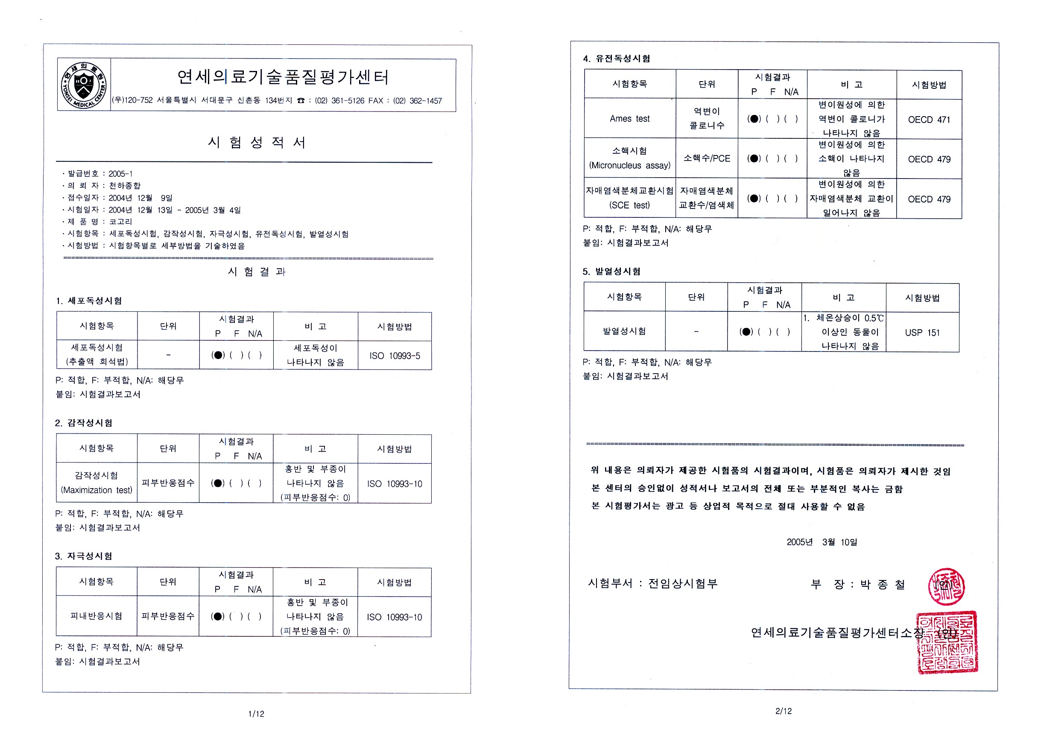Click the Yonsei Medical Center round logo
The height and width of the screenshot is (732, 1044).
[84, 85]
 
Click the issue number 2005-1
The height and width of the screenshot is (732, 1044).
[120, 174]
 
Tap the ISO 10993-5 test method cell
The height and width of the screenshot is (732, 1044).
[395, 356]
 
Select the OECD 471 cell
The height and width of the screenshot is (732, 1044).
[929, 120]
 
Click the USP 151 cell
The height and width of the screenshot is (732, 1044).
[922, 332]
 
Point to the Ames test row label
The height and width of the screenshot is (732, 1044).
[629, 119]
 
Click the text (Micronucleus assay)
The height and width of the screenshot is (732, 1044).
[630, 166]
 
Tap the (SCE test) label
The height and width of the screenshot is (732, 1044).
[629, 205]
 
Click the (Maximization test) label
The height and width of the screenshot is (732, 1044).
[97, 490]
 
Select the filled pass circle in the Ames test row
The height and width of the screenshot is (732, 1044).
[754, 119]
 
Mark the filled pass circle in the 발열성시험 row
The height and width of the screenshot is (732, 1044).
[746, 331]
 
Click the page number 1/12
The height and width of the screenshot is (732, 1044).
[256, 714]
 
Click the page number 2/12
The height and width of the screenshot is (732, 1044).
[784, 711]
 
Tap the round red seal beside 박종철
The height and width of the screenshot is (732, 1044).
[946, 586]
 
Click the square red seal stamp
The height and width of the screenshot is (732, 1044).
[947, 642]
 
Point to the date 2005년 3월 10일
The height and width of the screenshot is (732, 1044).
[822, 542]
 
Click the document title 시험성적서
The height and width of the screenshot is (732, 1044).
[257, 142]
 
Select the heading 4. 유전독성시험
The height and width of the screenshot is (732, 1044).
[617, 59]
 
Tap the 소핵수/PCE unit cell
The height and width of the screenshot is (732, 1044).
[707, 158]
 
